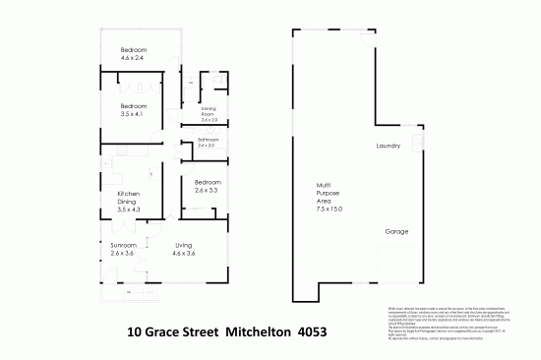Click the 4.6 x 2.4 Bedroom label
click(x=134, y=53)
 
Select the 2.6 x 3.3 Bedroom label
click(x=208, y=187)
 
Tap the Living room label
click(x=185, y=245)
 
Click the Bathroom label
click(x=208, y=141)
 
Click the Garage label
click(x=397, y=231)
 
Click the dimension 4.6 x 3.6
click(x=185, y=255)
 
